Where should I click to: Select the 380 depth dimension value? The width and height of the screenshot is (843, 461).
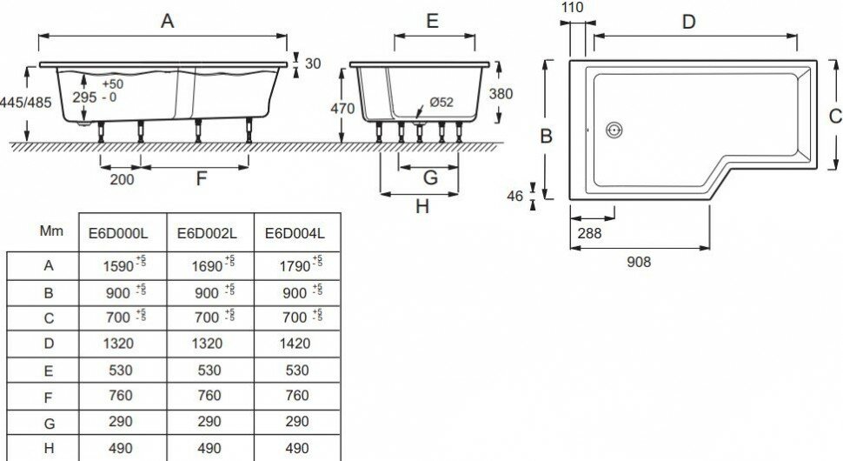tap(502, 94)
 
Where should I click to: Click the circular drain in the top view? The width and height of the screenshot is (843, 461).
tap(615, 130)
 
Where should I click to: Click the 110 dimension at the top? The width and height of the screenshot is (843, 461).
tap(573, 8)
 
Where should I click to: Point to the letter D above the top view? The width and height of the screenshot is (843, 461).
tap(689, 22)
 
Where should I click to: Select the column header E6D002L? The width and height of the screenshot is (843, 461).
tap(208, 232)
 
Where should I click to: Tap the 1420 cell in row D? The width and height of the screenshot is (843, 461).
tap(295, 344)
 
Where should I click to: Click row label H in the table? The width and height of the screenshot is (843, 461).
tap(49, 448)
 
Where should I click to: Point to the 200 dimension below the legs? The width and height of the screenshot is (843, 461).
tap(123, 179)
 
